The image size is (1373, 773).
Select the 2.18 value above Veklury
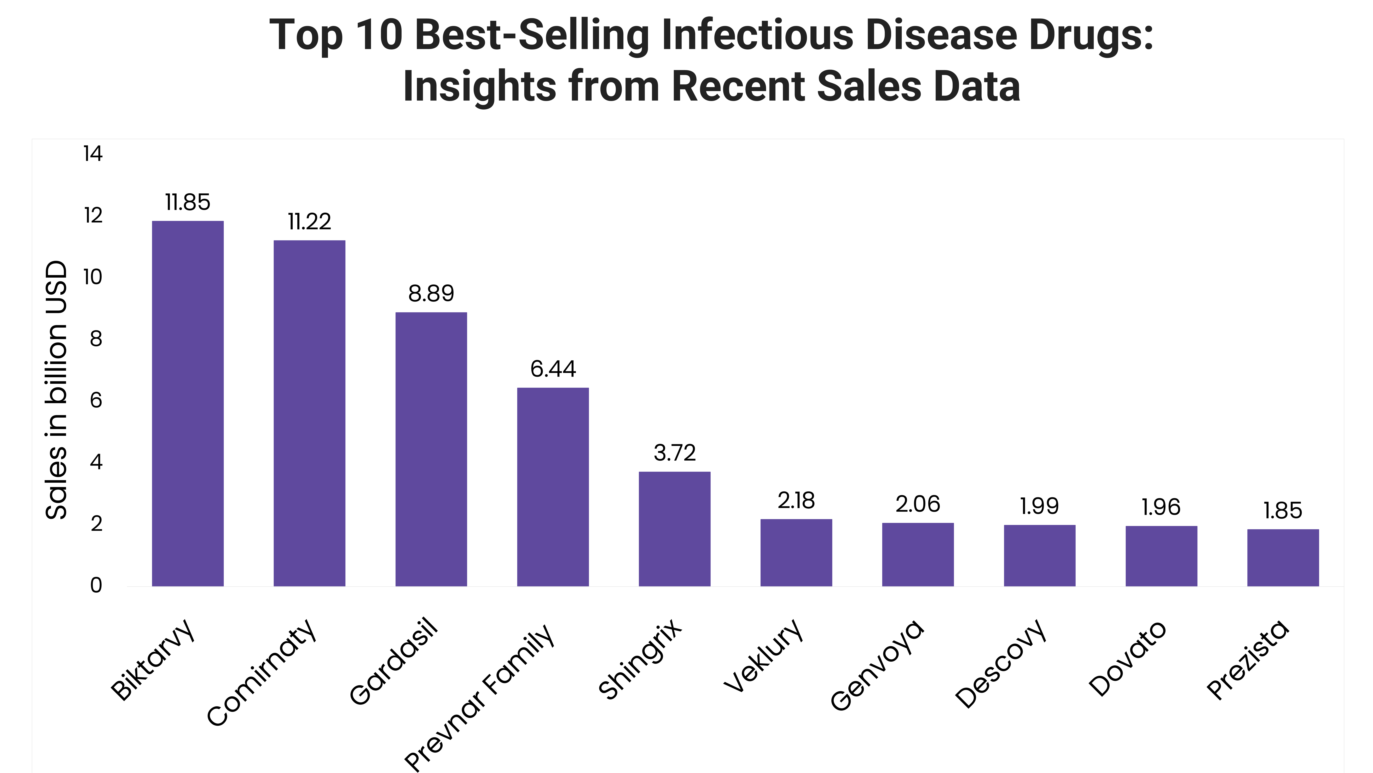[x=796, y=500]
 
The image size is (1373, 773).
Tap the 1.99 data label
[x=1039, y=506]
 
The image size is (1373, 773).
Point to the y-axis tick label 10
[x=93, y=277]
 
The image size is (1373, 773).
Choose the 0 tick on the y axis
[x=96, y=585]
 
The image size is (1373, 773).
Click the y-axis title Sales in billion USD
[x=56, y=389]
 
